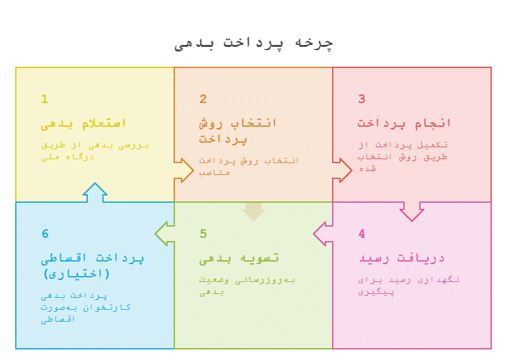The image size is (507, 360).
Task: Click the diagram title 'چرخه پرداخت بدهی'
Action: pos(253,44)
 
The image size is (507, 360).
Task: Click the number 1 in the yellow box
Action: pos(45,99)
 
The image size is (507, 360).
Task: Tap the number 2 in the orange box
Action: pos(203,99)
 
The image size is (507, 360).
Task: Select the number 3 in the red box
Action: pos(362,99)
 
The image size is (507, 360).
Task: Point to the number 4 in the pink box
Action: pos(362,234)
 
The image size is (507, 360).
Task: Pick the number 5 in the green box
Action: pos(203,234)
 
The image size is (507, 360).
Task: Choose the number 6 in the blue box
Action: pos(45,234)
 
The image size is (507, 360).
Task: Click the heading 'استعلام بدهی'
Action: pos(83,124)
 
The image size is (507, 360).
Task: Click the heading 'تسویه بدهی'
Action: pos(239,259)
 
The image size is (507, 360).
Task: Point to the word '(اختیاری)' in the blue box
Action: pos(77,274)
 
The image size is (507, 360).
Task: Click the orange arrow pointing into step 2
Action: pos(184,170)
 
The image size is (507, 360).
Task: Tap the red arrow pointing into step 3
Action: pos(342,170)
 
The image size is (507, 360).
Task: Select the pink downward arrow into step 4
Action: pos(412,211)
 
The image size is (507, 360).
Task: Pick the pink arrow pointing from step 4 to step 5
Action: pos(323,234)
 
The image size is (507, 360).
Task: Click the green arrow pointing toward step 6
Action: pos(164,234)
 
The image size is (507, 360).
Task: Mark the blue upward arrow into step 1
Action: pos(95,192)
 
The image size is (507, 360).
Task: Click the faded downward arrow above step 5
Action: pos(253,211)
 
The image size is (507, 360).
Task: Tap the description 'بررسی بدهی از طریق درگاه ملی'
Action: pos(95,151)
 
